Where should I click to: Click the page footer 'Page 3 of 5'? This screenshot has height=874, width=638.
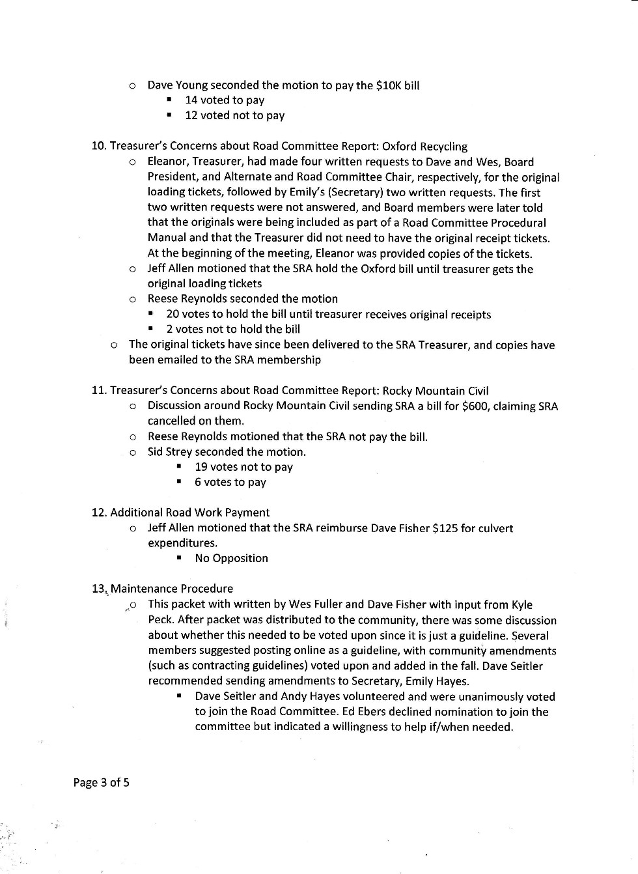point(101,782)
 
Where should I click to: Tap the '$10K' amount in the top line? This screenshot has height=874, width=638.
point(389,85)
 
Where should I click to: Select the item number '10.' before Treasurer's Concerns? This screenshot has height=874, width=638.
point(99,147)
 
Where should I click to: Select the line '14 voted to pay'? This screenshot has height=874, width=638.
point(225,100)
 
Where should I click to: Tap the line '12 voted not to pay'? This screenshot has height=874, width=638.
point(234,115)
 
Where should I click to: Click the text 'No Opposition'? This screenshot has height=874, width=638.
point(231,558)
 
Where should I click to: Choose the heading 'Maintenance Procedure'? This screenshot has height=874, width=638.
point(171,589)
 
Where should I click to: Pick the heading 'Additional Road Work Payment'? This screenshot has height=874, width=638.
point(189,513)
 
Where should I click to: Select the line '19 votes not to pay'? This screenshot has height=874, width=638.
point(243,467)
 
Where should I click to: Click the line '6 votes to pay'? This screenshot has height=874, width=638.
point(230,482)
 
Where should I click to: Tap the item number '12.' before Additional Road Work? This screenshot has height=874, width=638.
point(99,513)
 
